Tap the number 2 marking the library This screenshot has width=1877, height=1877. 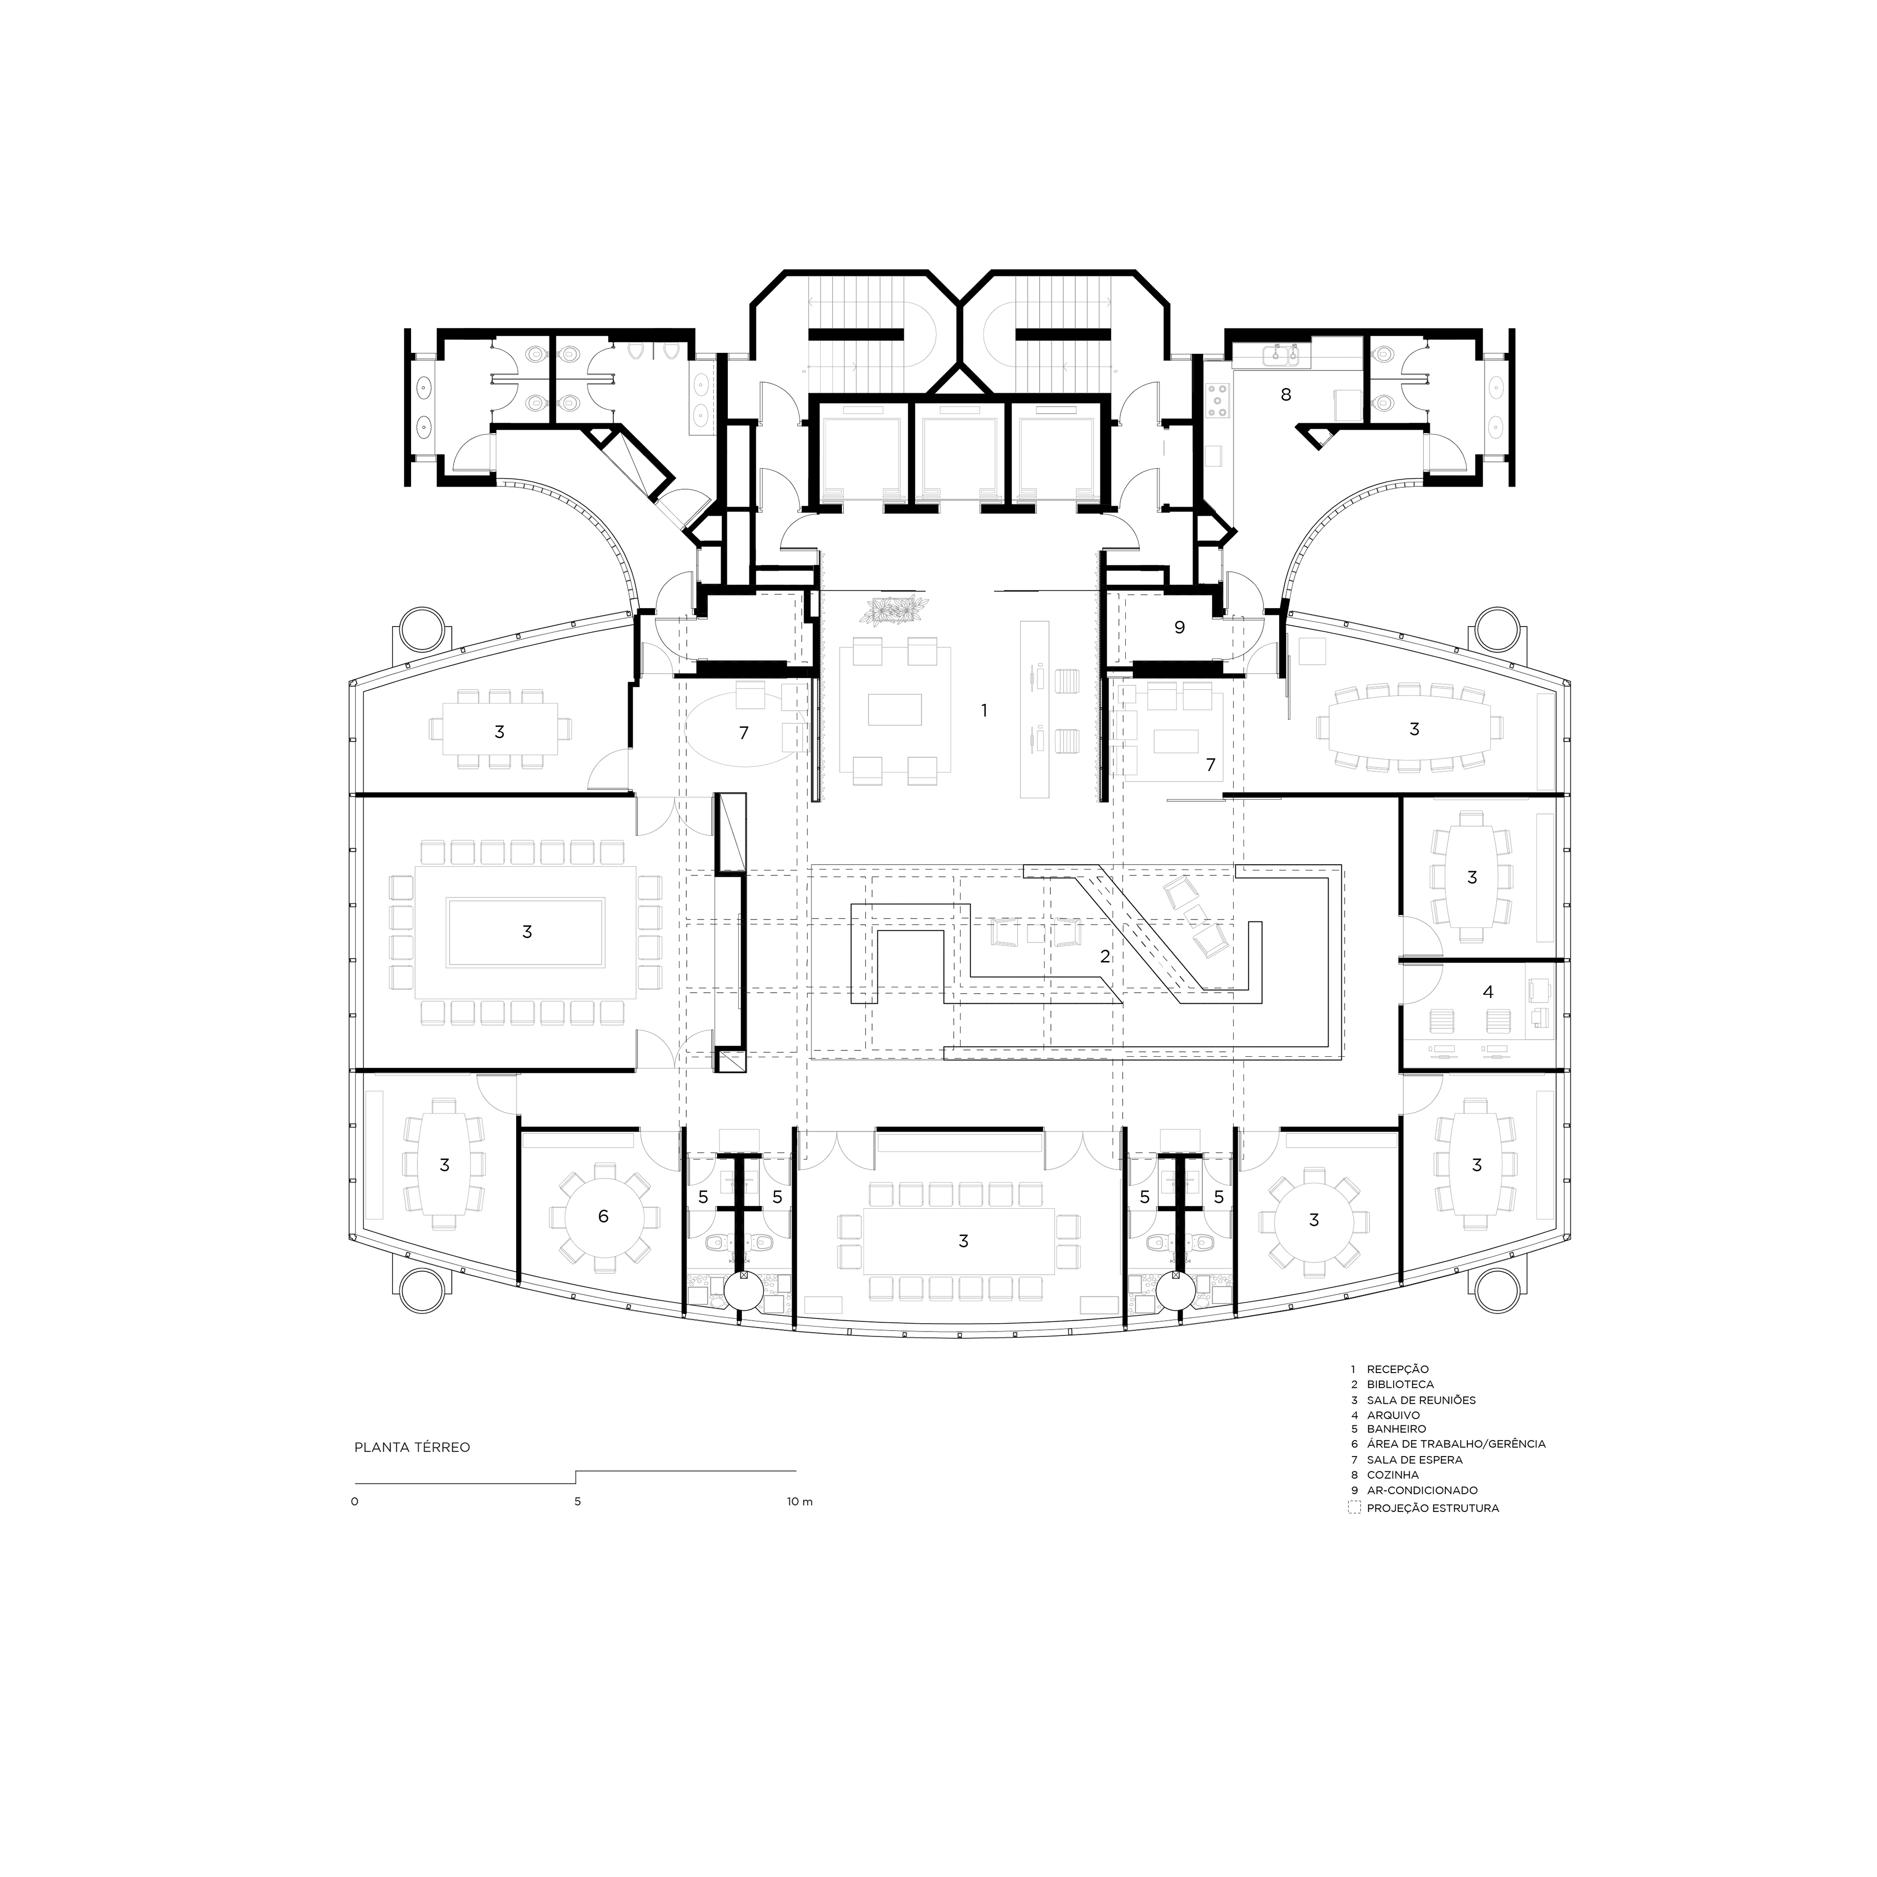[1105, 956]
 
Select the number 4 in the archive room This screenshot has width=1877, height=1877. [1487, 992]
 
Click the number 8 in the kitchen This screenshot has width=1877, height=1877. [1287, 394]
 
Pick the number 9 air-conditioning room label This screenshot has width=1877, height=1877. [1179, 628]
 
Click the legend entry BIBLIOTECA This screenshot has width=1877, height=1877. [1400, 1384]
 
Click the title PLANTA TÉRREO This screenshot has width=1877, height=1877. [412, 1447]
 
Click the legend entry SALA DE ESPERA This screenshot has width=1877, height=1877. [1415, 1459]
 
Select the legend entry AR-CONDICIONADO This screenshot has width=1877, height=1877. [1422, 1490]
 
